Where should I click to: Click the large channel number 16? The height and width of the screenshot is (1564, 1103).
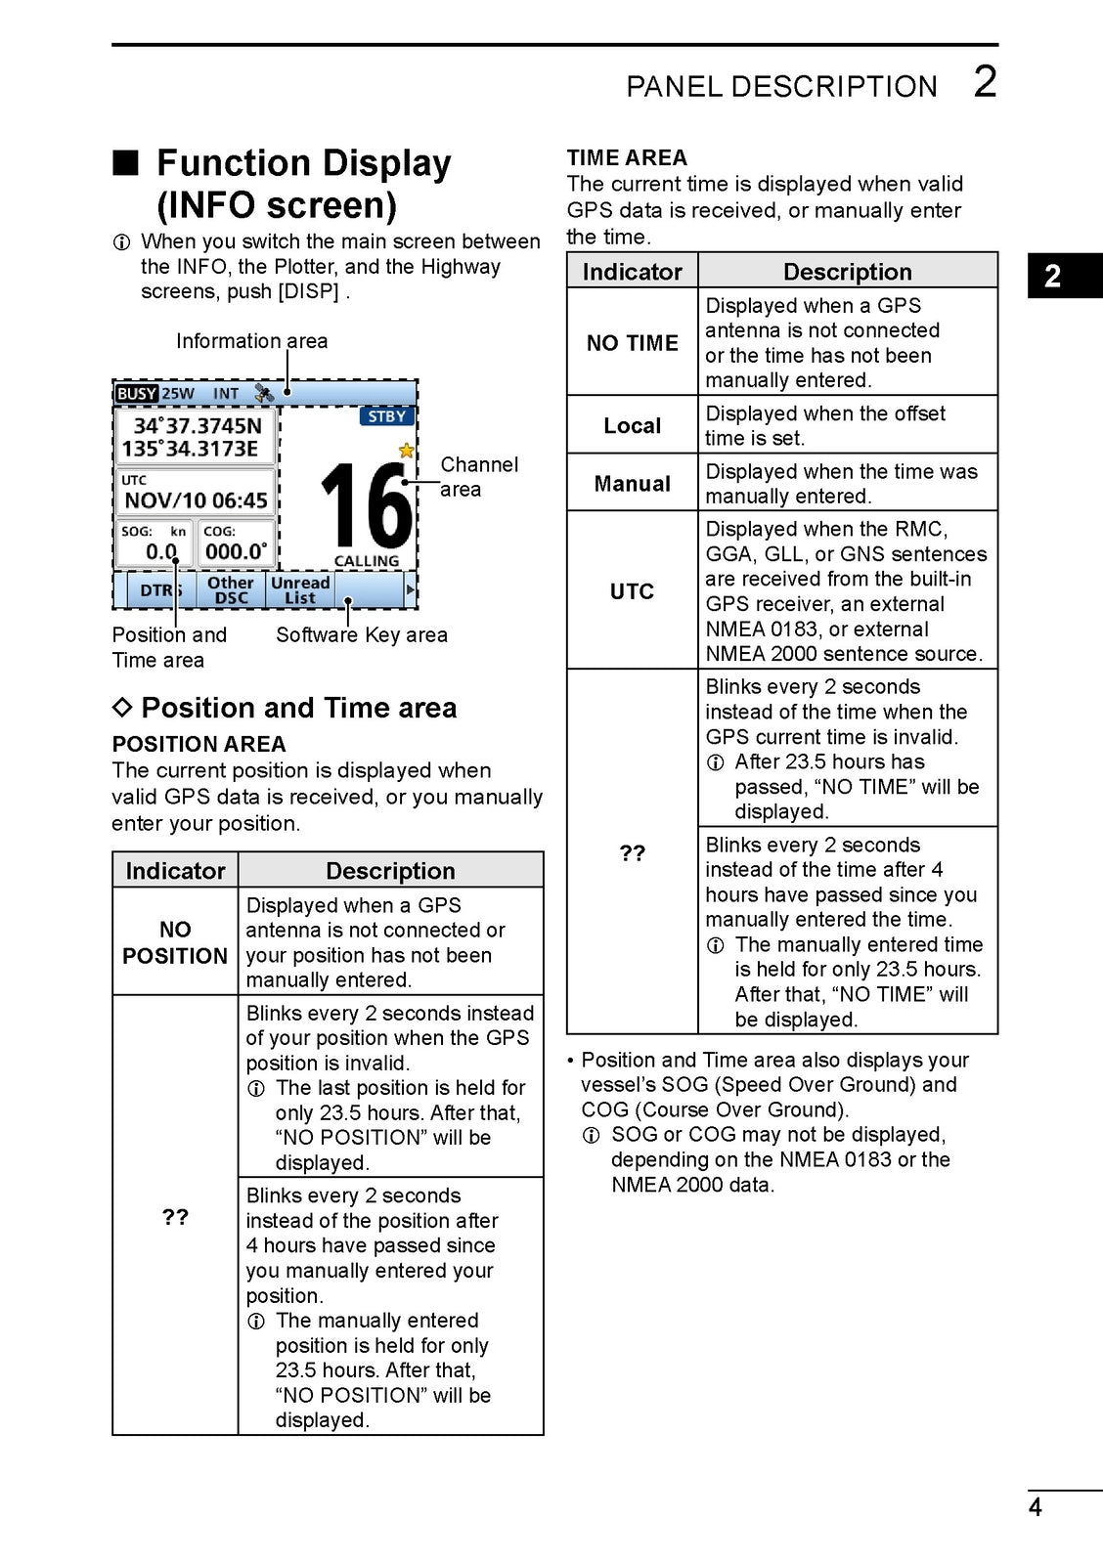click(366, 505)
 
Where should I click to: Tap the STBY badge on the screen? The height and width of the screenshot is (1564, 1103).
click(387, 416)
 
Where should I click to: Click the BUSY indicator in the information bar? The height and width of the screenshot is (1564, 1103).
click(136, 394)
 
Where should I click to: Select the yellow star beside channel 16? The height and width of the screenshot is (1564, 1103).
click(406, 451)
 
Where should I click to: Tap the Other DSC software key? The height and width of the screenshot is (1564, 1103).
click(231, 590)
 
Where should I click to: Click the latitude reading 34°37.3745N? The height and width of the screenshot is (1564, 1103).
click(198, 425)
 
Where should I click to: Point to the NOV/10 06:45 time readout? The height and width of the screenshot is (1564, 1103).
click(196, 500)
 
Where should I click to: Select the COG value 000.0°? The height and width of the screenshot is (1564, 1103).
click(236, 551)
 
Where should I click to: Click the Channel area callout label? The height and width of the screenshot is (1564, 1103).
click(478, 477)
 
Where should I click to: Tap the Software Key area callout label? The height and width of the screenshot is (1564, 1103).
click(361, 635)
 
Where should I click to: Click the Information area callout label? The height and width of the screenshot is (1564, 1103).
click(251, 341)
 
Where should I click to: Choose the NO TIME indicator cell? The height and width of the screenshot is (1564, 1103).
click(632, 343)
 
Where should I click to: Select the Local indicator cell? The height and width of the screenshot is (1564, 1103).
click(632, 426)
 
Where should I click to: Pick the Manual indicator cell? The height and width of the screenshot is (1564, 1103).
click(632, 484)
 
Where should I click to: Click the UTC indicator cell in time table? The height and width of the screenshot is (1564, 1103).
click(632, 591)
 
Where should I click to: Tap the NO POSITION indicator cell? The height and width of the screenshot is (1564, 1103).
click(175, 942)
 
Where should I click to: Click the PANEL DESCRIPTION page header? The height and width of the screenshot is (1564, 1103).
click(781, 87)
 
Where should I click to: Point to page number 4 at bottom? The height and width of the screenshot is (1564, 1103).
click(1035, 1507)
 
